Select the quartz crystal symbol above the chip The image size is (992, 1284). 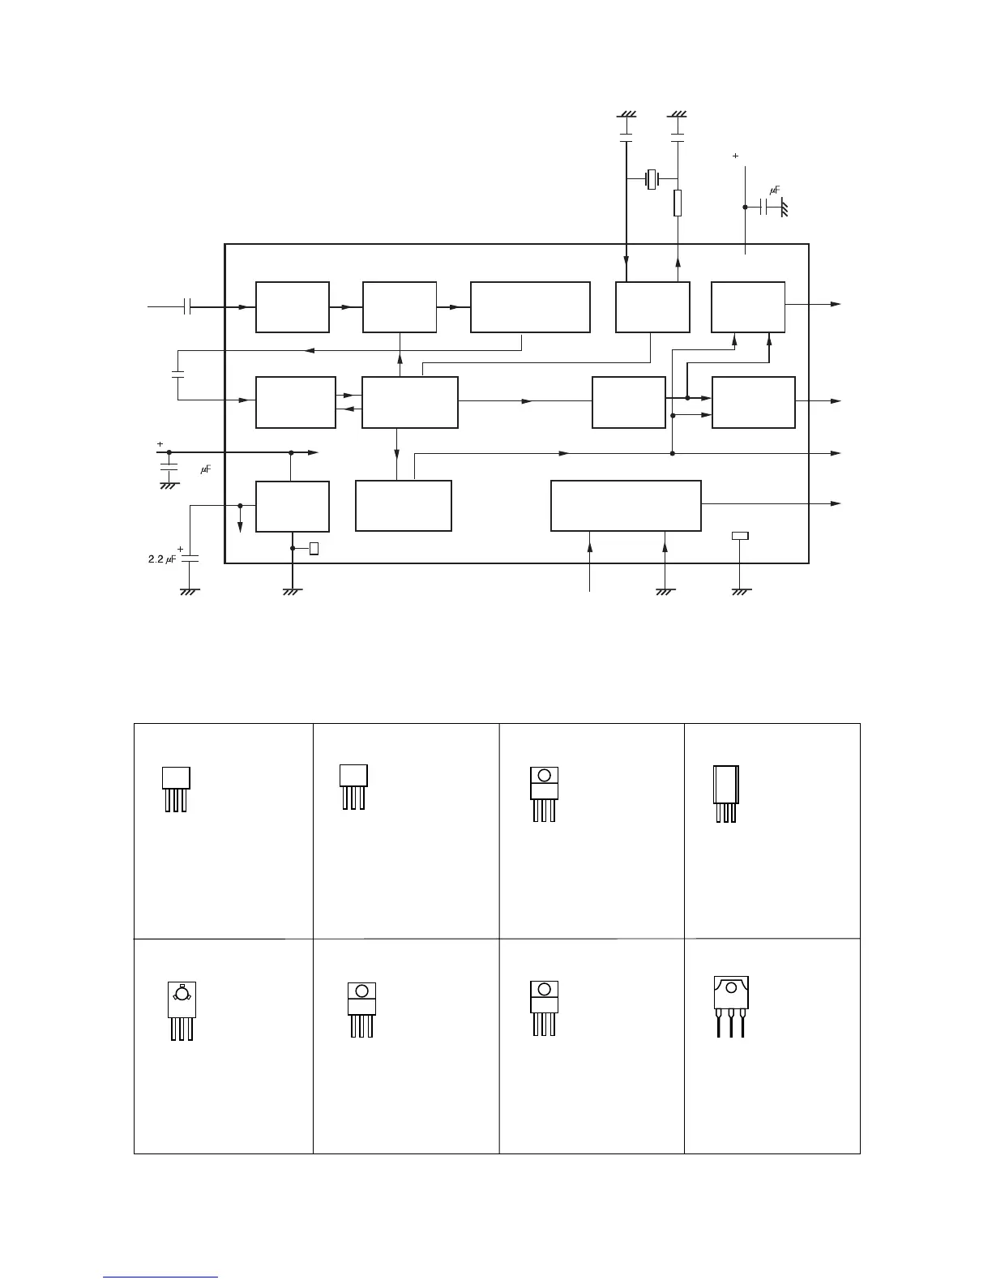[x=652, y=179]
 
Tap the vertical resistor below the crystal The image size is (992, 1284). [x=678, y=203]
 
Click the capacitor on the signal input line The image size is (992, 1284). [x=187, y=307]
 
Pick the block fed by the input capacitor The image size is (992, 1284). [x=292, y=307]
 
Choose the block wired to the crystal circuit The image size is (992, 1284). [x=652, y=307]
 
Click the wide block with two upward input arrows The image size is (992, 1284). [x=626, y=506]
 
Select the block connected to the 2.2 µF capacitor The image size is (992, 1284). [x=292, y=507]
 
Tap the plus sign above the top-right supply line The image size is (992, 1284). [x=735, y=155]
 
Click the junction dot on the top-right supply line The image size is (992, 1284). [x=745, y=207]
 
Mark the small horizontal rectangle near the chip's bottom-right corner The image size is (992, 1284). [x=740, y=535]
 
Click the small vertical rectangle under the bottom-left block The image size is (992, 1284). [x=314, y=549]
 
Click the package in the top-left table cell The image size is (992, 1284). [x=175, y=788]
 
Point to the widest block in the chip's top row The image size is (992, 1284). [x=530, y=307]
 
